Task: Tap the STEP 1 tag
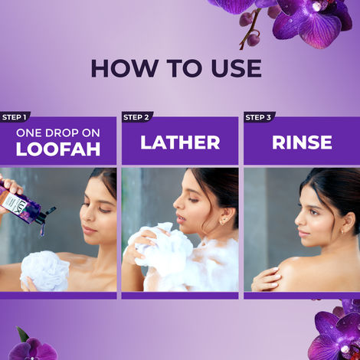click(x=14, y=117)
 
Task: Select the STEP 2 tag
click(x=137, y=117)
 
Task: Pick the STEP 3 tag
click(x=259, y=117)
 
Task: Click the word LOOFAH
click(x=58, y=149)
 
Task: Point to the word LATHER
click(x=180, y=142)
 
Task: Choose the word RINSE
click(x=301, y=142)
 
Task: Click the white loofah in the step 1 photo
click(x=44, y=270)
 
